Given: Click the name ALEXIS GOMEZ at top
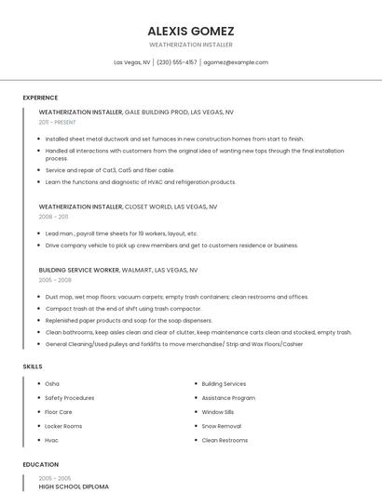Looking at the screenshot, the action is point(191,31).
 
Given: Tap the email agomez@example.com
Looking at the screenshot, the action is point(236,62).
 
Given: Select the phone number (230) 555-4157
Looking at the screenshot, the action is point(177,62).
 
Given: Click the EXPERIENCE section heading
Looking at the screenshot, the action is point(40,98).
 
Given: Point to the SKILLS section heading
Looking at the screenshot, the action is point(33,366).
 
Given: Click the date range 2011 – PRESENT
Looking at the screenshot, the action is point(57,122).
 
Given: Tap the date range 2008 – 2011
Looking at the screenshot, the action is point(53,216).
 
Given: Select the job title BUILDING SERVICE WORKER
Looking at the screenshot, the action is point(79,270).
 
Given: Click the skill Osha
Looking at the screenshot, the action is point(52,383).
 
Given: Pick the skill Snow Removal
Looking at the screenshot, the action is point(222,426).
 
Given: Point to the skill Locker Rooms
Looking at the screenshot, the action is point(63,426).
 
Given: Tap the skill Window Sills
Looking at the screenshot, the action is point(218,412).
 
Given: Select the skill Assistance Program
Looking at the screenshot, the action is point(228,398).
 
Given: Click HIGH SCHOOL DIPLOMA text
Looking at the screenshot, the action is point(74,486).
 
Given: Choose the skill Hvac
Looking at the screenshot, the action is point(52,440).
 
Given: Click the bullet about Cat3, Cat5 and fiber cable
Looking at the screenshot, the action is point(110,170).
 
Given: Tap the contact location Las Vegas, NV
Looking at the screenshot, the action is point(132,62).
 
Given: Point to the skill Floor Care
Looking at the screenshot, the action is point(59,412).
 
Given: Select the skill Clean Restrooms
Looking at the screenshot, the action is point(225,440).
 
